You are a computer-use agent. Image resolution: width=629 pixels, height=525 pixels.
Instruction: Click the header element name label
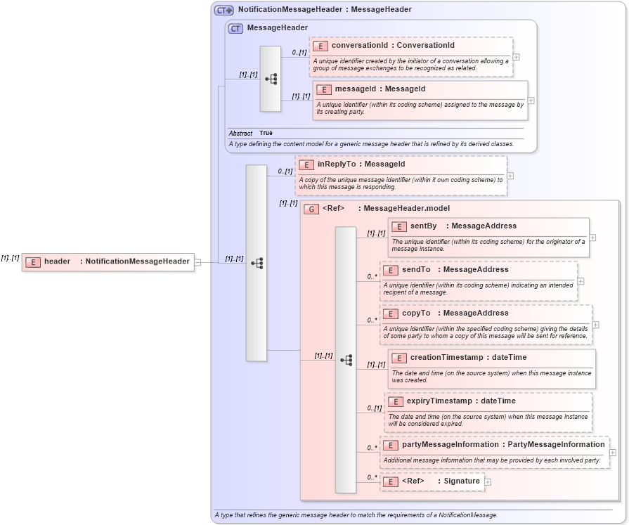57,261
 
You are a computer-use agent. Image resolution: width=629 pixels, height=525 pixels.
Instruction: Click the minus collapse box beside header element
197,262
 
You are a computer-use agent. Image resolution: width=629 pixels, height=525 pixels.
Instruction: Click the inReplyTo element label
337,164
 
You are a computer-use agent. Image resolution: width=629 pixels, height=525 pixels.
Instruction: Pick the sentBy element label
423,226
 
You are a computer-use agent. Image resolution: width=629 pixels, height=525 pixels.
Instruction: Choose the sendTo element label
416,270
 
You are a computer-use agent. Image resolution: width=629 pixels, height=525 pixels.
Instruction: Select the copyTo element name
415,313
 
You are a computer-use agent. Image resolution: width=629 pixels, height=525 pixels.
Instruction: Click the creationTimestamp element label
448,358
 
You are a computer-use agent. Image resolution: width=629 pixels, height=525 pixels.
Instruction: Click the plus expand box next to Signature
488,482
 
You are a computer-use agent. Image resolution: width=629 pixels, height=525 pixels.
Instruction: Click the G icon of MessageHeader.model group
311,209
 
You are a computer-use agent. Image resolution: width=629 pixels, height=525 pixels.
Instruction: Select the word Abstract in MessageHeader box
240,133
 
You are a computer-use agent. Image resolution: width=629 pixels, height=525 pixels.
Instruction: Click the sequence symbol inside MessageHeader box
271,79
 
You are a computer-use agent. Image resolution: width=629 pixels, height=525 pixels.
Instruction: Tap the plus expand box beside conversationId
517,58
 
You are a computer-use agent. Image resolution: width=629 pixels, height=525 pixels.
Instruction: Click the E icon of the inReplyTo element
306,164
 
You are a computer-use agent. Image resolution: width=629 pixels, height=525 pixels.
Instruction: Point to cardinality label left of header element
10,258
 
